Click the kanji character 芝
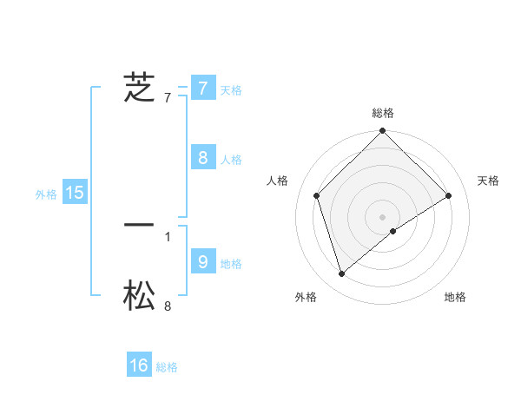point(139,88)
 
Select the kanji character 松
point(139,297)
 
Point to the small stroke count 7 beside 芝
point(168,98)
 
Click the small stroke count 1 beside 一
point(168,236)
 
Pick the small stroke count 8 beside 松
point(168,306)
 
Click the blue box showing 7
point(202,88)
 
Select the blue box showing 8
point(202,157)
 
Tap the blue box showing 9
point(202,260)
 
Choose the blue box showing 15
point(75,193)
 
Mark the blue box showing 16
point(139,365)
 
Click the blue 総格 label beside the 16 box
point(167,367)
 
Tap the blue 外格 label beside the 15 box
point(46,194)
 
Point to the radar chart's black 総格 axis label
point(383,113)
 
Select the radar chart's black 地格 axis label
point(455,298)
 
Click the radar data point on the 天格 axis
point(449,195)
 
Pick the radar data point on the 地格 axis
point(393,231)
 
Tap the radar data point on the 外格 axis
point(342,274)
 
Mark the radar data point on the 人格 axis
point(317,195)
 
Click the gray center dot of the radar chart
point(383,216)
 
